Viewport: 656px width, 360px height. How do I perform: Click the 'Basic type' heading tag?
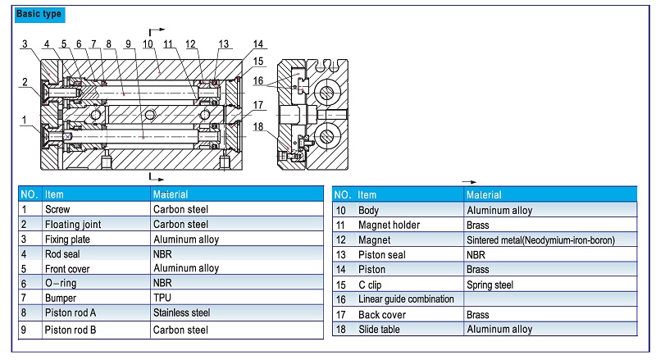39,14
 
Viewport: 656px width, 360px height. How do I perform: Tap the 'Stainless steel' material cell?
182,312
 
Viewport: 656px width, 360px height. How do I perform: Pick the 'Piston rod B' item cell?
71,330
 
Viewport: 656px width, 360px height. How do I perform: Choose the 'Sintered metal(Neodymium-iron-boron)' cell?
540,240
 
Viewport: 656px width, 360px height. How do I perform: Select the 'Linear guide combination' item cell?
406,299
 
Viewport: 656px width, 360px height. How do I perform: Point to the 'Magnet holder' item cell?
389,226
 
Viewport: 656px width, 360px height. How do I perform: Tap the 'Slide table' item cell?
382,329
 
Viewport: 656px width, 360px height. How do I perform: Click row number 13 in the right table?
342,255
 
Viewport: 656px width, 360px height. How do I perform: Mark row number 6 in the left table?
25,283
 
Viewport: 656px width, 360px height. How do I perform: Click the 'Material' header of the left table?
171,194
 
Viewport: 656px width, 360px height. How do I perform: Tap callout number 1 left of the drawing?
25,120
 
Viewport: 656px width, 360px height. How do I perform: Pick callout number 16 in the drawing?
258,81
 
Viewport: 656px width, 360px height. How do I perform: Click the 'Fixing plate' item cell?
67,239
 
